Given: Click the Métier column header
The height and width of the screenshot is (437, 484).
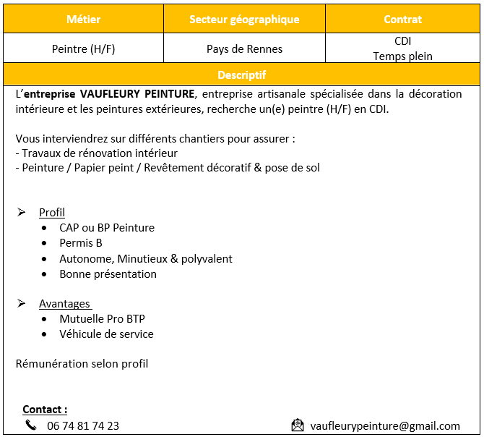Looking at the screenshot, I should coord(83,19).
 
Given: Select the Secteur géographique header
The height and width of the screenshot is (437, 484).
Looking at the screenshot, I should coord(244,19).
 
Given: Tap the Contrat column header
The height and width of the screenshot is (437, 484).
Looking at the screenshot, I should coord(402,19).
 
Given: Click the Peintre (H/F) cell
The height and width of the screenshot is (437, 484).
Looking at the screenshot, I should coord(83,49).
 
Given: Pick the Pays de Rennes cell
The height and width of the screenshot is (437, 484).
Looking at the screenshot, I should coord(244,49).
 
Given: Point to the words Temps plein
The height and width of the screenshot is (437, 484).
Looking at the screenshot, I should coord(402,56).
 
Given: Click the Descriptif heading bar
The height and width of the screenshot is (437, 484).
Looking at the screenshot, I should coord(241,75).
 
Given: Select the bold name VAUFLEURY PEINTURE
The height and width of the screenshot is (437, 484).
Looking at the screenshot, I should coord(137,94).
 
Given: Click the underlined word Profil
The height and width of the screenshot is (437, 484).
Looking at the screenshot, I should coord(52,213).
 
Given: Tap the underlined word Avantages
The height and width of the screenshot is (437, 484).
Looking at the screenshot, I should coord(64,304).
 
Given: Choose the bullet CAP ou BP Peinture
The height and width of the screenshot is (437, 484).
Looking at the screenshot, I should coord(107,228).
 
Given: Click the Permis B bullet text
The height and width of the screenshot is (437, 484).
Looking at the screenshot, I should coord(81,243).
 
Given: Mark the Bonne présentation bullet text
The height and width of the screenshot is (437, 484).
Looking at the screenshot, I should coord(108,274).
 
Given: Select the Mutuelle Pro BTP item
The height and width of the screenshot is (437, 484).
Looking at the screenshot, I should coord(102,319).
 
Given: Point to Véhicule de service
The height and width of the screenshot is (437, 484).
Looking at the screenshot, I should coord(106,334).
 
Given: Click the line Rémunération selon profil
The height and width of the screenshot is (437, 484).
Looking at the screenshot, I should coord(82,364).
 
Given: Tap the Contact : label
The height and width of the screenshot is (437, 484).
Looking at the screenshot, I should coord(45,410).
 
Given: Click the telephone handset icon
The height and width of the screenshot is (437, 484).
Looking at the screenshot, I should coord(30,425).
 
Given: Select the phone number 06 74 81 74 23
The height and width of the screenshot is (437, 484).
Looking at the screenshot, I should coord(83,426).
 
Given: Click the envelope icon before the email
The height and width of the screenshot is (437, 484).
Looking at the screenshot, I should coord(298,425).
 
